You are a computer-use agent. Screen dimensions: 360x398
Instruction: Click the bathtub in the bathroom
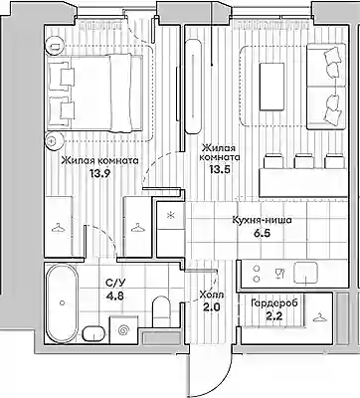(62, 302)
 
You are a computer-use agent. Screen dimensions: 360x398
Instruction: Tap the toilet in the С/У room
(161, 311)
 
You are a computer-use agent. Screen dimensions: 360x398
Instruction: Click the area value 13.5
(219, 169)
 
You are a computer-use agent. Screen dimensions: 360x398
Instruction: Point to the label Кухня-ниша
(262, 220)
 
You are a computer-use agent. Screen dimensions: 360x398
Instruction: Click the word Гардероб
(274, 303)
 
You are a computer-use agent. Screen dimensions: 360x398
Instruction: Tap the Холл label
(212, 295)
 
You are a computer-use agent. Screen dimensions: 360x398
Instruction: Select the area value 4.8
(114, 296)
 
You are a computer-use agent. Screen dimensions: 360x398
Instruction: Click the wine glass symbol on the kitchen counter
(279, 274)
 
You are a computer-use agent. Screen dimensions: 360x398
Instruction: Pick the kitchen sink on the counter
(306, 274)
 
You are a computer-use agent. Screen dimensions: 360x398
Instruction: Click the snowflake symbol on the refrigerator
(171, 216)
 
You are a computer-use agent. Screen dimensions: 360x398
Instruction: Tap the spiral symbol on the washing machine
(124, 329)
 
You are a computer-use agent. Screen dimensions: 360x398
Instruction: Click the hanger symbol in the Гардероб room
(319, 317)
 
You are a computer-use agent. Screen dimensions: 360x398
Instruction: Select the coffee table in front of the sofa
(271, 87)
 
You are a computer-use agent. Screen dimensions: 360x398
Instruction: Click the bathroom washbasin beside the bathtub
(93, 333)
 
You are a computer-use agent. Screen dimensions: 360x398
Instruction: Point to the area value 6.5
(263, 233)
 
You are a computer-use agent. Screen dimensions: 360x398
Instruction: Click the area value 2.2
(274, 316)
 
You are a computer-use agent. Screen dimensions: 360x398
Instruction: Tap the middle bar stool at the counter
(304, 161)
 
